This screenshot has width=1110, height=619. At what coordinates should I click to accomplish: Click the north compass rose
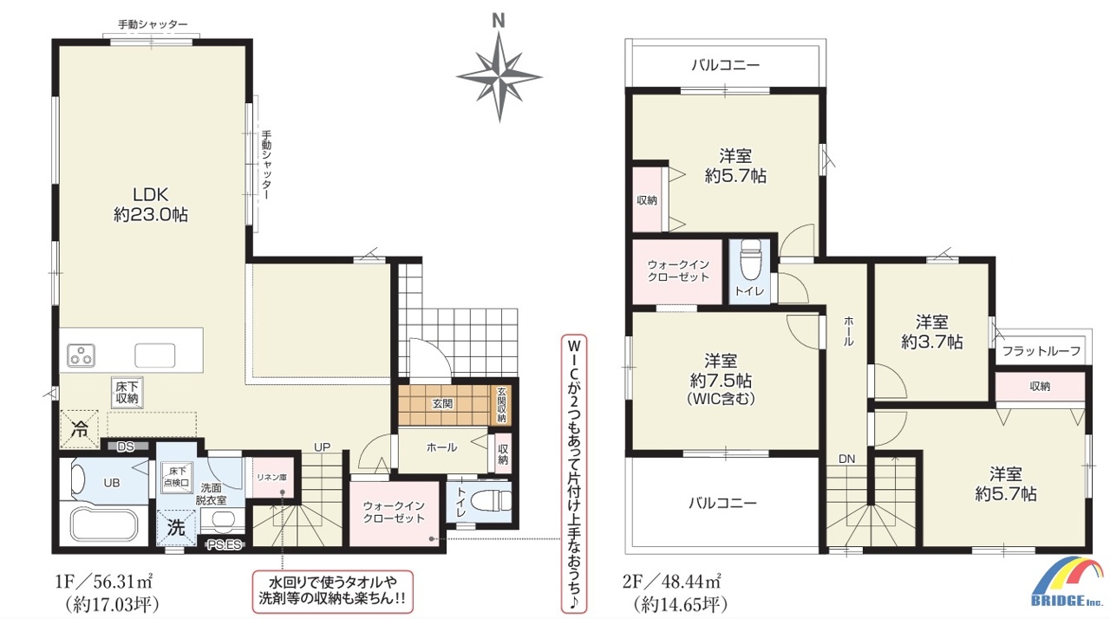coord(499,77)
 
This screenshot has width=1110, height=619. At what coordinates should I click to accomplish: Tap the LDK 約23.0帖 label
coord(151,204)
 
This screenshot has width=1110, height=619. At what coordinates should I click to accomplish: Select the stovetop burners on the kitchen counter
coord(81,355)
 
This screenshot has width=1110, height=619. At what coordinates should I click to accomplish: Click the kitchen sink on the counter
coord(154,355)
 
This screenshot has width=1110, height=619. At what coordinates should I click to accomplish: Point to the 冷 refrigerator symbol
coord(79,429)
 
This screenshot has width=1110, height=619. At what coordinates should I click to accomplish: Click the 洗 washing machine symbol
coord(176,527)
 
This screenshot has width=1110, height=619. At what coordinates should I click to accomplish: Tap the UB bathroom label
coord(112,482)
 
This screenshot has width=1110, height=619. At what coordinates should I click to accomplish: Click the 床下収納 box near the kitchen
coord(127,393)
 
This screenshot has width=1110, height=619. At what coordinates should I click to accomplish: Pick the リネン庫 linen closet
coord(272,478)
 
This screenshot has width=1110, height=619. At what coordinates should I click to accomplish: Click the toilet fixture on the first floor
coord(491,500)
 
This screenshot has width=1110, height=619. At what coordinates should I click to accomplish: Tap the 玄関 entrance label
coord(442,404)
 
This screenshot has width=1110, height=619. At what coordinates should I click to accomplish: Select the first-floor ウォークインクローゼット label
coord(394,512)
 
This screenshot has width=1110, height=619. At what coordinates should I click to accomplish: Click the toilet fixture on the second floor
coord(749,261)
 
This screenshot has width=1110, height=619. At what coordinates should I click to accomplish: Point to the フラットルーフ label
coord(1041,351)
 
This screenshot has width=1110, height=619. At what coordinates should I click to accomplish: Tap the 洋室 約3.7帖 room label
coord(931,332)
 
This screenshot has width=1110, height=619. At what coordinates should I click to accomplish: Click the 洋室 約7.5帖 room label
coord(721,379)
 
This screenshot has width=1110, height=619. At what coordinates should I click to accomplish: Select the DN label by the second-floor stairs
coord(847,459)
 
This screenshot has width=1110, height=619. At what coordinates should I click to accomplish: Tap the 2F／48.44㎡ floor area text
coord(672,581)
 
